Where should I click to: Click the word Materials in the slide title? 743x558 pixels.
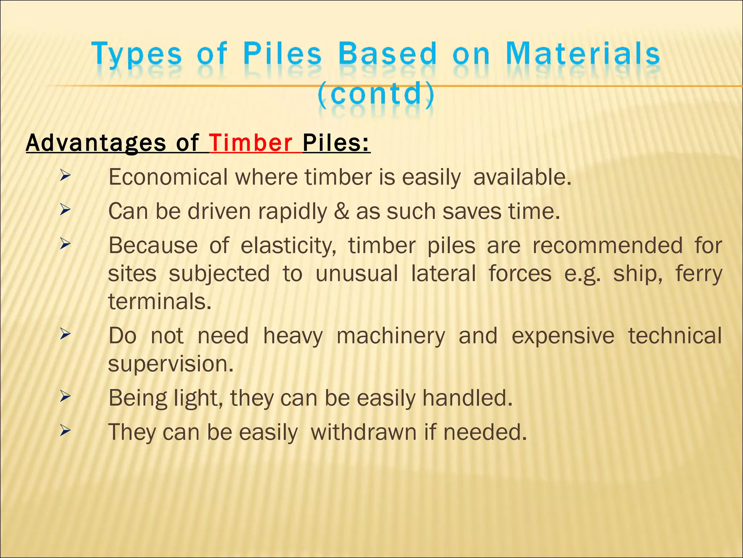click(x=583, y=54)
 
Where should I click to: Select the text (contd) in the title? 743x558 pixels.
click(x=376, y=93)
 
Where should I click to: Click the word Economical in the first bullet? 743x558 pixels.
click(x=168, y=177)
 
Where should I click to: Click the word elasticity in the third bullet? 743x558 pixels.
click(x=288, y=246)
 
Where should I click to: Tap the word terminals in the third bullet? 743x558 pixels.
click(x=160, y=302)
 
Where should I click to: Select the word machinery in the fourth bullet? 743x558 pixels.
click(x=390, y=336)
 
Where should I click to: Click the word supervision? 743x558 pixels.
click(x=171, y=364)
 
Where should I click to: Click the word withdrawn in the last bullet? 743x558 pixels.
click(x=364, y=432)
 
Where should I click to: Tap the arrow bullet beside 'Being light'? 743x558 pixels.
click(x=65, y=397)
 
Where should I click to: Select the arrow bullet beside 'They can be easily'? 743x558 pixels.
click(x=65, y=431)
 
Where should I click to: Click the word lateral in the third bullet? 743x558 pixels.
click(x=443, y=274)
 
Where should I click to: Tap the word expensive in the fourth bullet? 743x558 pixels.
click(x=563, y=336)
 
